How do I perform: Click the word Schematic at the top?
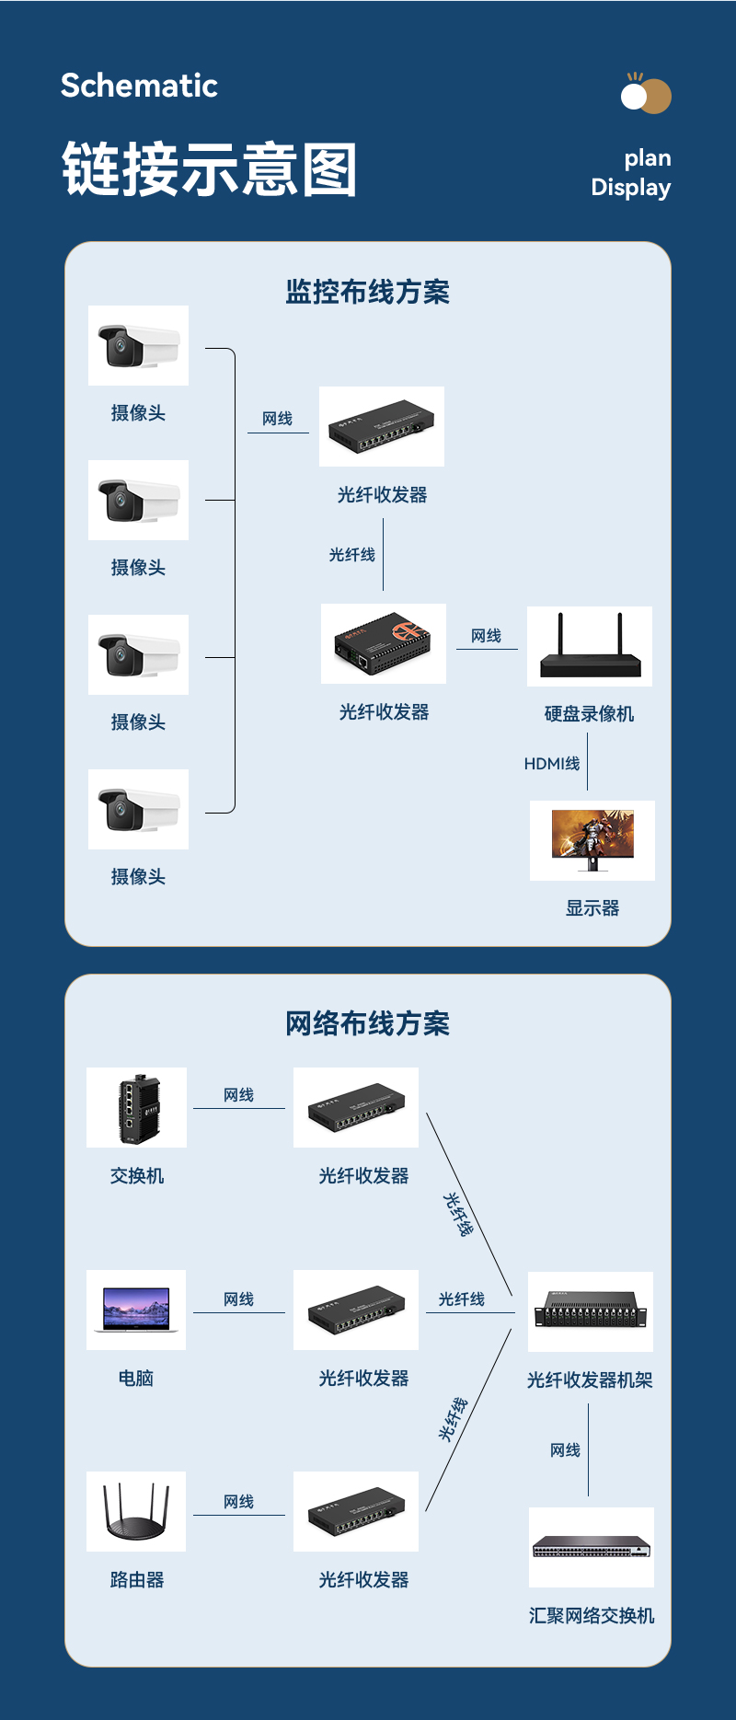[x=139, y=86]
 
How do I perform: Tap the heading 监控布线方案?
[x=367, y=292]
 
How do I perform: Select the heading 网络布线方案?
[x=367, y=1023]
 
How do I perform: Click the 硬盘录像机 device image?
[x=590, y=646]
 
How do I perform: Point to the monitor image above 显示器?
[x=592, y=839]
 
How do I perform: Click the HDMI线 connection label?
[x=552, y=764]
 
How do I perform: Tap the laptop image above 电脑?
[x=136, y=1310]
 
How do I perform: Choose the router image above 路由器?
[x=136, y=1511]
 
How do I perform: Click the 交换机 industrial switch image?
[x=137, y=1107]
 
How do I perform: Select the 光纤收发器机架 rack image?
[x=591, y=1311]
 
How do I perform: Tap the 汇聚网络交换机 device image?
[x=592, y=1548]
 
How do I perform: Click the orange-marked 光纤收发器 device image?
[x=384, y=643]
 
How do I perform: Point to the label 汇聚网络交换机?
[x=592, y=1616]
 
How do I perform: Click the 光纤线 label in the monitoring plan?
[x=352, y=555]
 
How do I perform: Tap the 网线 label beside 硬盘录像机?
[x=486, y=636]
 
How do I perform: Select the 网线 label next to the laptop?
[x=238, y=1299]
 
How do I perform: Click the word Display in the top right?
[x=630, y=188]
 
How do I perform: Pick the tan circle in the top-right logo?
[x=656, y=97]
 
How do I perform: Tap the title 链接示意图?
[x=209, y=170]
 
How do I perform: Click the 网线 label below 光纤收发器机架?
[x=565, y=1450]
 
